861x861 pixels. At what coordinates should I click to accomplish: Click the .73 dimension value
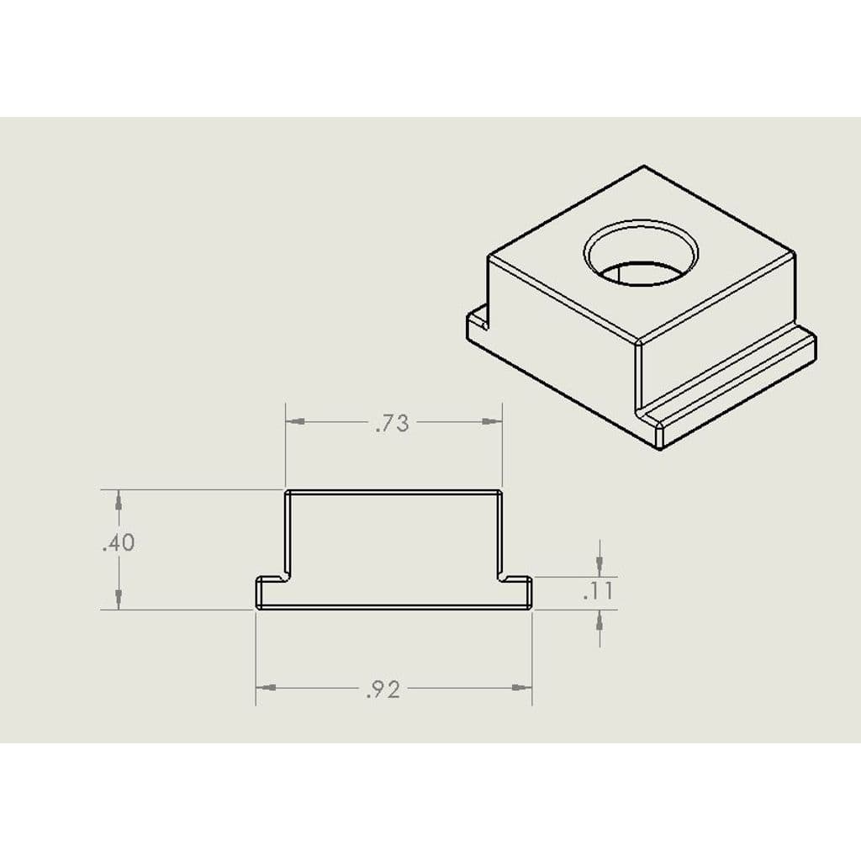[392, 424]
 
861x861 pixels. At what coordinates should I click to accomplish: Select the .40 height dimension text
[118, 543]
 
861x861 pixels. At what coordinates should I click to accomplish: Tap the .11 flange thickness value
[599, 591]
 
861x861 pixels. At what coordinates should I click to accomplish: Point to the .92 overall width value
[383, 689]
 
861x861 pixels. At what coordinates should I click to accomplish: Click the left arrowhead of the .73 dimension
[296, 422]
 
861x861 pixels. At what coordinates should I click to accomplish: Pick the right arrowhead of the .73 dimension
[492, 422]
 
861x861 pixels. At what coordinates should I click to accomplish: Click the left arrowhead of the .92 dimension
[267, 688]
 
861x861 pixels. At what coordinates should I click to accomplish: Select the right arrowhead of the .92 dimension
[521, 688]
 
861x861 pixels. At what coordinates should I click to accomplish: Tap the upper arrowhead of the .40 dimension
[119, 499]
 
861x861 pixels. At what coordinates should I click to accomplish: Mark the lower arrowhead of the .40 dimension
[119, 599]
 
